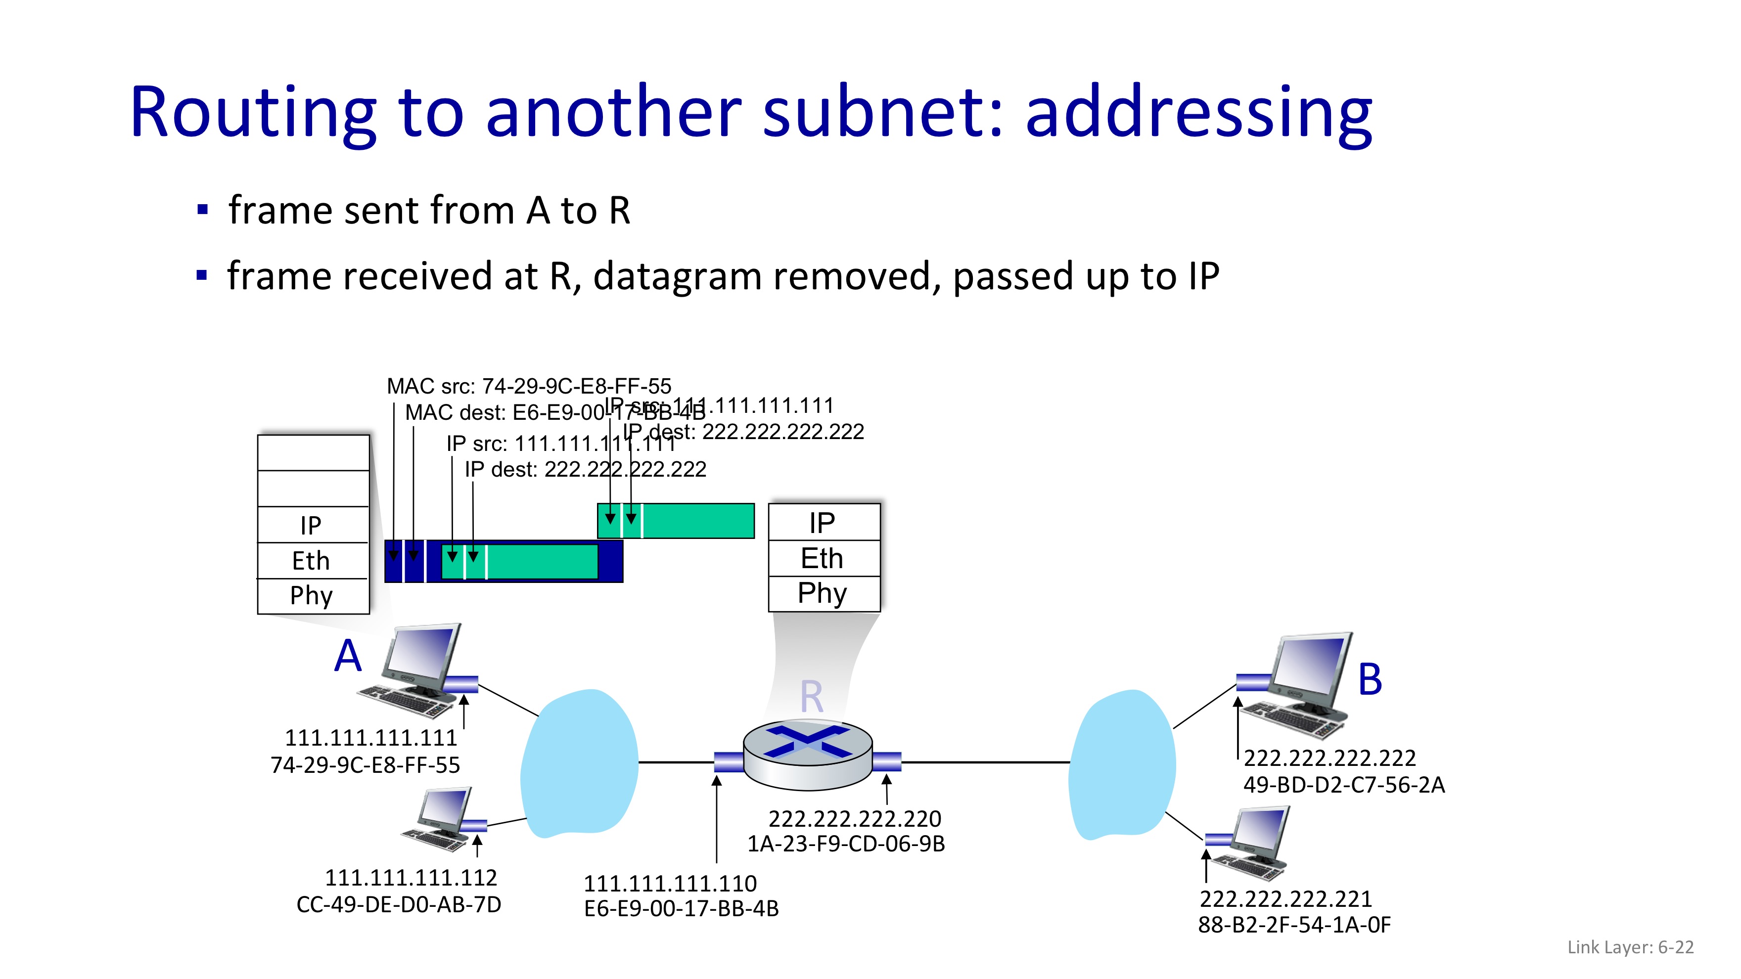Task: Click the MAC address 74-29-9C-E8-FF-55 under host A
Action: [x=365, y=765]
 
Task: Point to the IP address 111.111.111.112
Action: [x=411, y=878]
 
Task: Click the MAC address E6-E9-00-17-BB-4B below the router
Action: [x=681, y=909]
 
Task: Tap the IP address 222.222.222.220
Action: [x=855, y=819]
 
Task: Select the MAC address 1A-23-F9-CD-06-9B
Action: [x=845, y=844]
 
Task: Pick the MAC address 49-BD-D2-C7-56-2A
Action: [x=1344, y=785]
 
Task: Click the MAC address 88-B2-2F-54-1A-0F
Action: [x=1294, y=925]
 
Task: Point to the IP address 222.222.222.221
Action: [x=1285, y=899]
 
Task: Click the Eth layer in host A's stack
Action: [x=311, y=561]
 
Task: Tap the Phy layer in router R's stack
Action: [x=823, y=593]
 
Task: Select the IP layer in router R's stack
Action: [x=823, y=522]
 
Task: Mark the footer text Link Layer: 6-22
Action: [x=1630, y=947]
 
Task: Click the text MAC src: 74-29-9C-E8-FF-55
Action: [x=529, y=387]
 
